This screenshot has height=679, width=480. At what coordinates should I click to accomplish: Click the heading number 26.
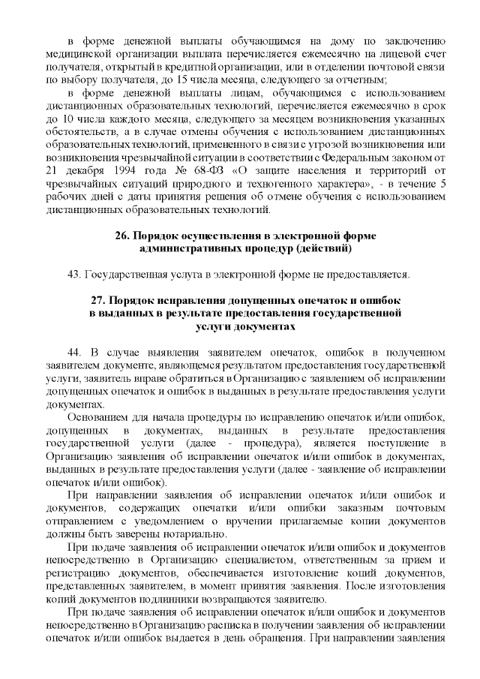tap(123, 236)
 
